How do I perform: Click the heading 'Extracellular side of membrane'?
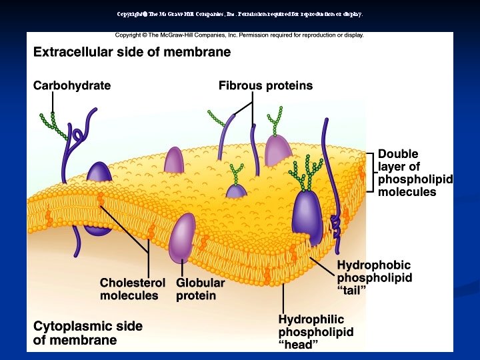tap(132, 52)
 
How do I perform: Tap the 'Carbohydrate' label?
tap(72, 85)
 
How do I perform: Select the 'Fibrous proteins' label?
tap(265, 85)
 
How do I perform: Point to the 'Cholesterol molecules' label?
tap(129, 289)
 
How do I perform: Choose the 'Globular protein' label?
tap(200, 289)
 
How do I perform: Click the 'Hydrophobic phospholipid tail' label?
tap(374, 277)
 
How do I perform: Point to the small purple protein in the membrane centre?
tap(237, 191)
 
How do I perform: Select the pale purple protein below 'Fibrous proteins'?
tap(279, 151)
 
